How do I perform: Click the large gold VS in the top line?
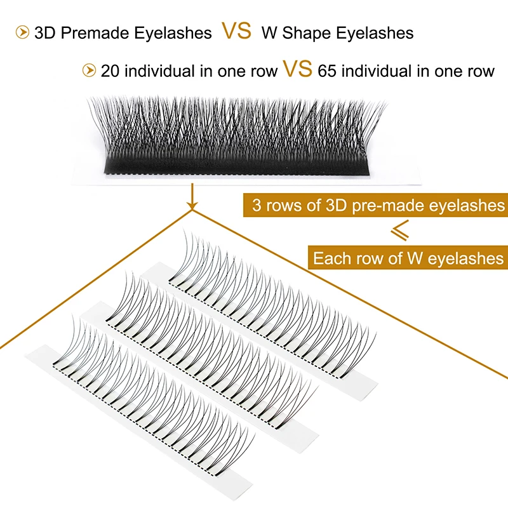pos(236,32)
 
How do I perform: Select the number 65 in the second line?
pos(328,70)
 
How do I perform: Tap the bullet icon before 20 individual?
pos(89,70)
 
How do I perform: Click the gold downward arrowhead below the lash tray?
pos(190,206)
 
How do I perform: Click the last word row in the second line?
pos(479,70)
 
